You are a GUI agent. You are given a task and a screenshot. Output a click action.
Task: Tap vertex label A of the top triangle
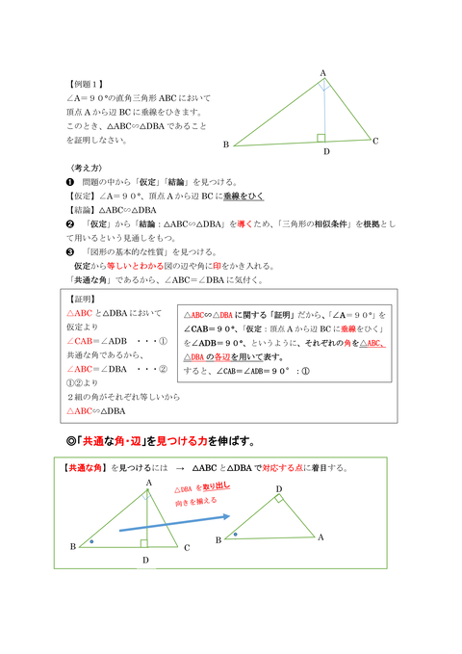[322, 73]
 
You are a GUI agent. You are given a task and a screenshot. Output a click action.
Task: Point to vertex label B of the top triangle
[225, 145]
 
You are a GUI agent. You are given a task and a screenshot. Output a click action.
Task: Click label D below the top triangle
[326, 152]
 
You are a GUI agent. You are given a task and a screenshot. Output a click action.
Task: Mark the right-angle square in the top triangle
[321, 138]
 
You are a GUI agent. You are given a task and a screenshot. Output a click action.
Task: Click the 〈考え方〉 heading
[85, 168]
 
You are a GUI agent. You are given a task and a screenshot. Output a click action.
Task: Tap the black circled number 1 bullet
[69, 181]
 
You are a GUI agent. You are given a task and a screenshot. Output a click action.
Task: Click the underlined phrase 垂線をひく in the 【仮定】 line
[245, 196]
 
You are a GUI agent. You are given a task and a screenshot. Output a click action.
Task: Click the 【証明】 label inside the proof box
[84, 299]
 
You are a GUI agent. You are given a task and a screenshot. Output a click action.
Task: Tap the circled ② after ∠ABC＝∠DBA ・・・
[164, 368]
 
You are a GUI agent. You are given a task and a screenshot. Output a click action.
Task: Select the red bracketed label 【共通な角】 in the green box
[84, 468]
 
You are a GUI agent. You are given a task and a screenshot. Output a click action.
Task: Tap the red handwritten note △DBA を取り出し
[201, 489]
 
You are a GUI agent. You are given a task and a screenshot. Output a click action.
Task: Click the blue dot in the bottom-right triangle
[236, 533]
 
